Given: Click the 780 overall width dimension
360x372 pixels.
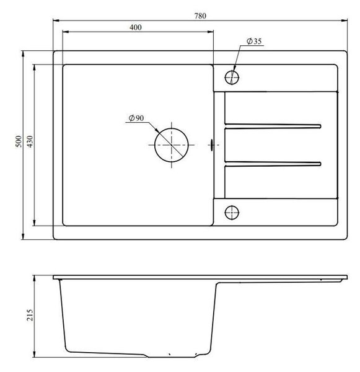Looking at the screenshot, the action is pyautogui.click(x=200, y=16).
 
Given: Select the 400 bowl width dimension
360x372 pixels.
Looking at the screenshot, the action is pyautogui.click(x=136, y=27).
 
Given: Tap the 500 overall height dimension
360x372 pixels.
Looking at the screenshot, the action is pyautogui.click(x=19, y=141).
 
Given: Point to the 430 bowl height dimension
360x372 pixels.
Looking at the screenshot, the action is pyautogui.click(x=30, y=141).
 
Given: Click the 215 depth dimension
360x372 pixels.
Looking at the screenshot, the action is pyautogui.click(x=30, y=315).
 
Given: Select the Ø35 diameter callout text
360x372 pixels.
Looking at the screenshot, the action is pyautogui.click(x=254, y=42).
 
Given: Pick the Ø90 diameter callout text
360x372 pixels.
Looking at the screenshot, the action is pyautogui.click(x=136, y=118).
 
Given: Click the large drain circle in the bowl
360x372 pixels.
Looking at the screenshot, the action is pyautogui.click(x=172, y=145).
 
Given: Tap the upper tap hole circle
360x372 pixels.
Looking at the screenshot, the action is pyautogui.click(x=232, y=77).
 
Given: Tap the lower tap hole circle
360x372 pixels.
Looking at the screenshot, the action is pyautogui.click(x=232, y=212).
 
